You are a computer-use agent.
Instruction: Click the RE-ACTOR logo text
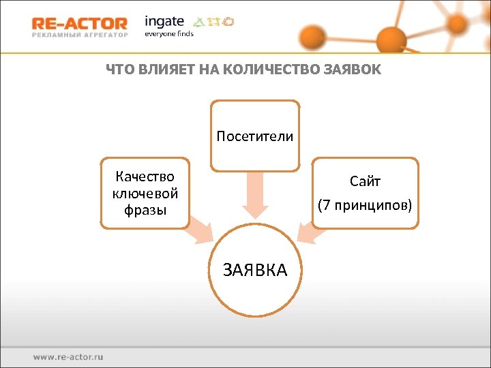79,23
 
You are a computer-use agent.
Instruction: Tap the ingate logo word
164,21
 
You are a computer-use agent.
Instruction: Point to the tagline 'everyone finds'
168,33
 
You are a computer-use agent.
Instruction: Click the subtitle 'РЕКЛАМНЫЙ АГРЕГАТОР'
79,34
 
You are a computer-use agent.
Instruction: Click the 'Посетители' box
254,136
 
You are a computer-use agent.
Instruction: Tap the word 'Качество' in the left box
145,177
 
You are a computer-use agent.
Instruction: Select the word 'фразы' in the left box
145,210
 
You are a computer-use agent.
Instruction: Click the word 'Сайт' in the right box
365,181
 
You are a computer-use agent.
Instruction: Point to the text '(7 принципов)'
365,204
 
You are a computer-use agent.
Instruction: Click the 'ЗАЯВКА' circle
255,270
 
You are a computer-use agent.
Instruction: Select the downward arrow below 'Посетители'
254,195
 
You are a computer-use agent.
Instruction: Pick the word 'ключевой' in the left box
145,194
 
